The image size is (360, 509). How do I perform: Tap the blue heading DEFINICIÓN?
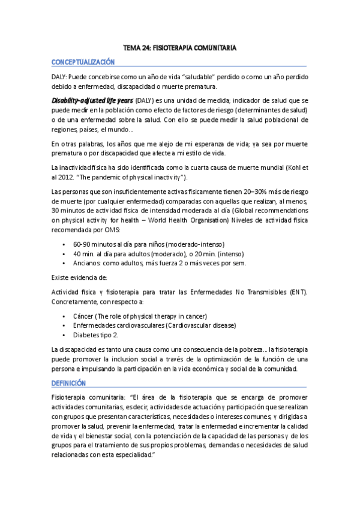68,382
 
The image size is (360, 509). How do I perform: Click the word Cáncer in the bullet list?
85,316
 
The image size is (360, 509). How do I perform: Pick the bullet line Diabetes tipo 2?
95,334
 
